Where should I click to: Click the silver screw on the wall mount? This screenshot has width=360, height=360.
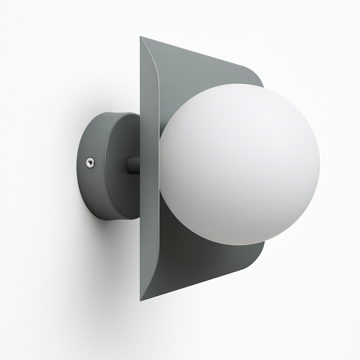90,162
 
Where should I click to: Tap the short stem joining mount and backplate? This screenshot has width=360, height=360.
133,165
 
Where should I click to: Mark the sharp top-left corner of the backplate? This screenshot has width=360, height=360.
141,37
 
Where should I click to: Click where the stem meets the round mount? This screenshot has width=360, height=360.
127,165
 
